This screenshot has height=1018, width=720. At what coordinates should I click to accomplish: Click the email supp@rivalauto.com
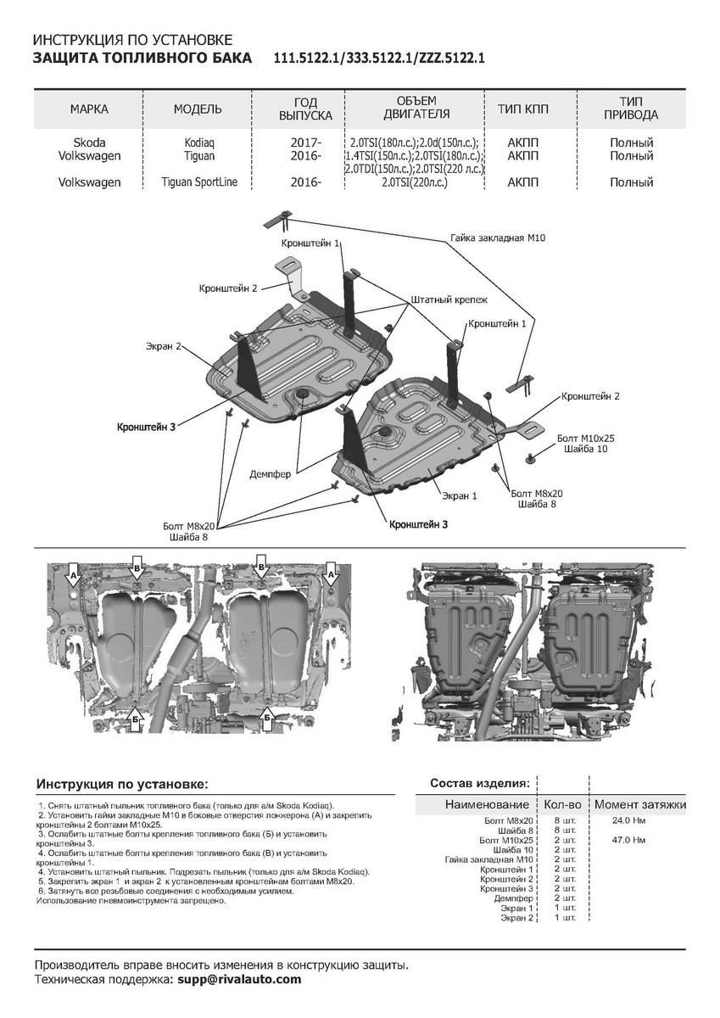pyautogui.click(x=236, y=979)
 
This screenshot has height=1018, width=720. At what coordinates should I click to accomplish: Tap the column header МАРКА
pyautogui.click(x=89, y=109)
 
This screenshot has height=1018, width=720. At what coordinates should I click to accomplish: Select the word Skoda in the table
pyautogui.click(x=89, y=143)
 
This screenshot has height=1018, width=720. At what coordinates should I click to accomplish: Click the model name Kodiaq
pyautogui.click(x=198, y=143)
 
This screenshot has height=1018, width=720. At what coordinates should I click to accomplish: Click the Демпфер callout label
pyautogui.click(x=271, y=473)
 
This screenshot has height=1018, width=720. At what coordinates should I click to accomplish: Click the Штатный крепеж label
pyautogui.click(x=449, y=300)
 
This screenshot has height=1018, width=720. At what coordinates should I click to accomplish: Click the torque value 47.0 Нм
pyautogui.click(x=628, y=840)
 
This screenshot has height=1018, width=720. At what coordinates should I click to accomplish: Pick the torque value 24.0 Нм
pyautogui.click(x=628, y=821)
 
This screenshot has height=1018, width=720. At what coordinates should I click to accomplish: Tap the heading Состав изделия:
pyautogui.click(x=481, y=781)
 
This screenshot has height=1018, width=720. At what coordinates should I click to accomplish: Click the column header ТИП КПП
pyautogui.click(x=527, y=109)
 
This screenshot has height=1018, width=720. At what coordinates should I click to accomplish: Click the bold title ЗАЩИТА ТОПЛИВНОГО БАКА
pyautogui.click(x=142, y=59)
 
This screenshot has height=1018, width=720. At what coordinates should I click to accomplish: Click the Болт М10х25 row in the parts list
pyautogui.click(x=506, y=840)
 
